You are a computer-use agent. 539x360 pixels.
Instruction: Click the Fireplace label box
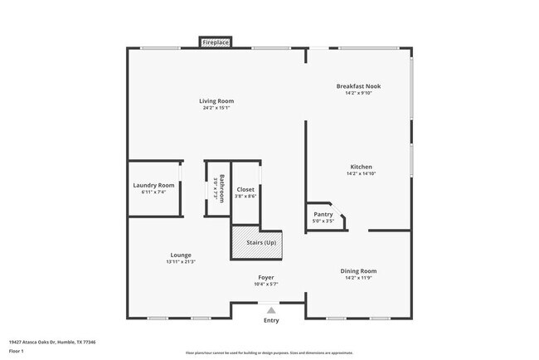216,42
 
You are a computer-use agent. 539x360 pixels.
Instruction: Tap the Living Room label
216,101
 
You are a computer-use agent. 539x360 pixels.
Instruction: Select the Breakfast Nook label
359,86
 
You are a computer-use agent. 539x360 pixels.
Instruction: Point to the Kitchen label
361,167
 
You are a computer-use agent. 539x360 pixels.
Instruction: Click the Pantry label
323,214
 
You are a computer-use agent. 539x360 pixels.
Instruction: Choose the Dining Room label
359,270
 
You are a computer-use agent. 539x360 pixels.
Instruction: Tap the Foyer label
265,277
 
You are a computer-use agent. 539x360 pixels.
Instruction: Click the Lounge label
181,255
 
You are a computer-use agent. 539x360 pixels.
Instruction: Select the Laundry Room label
154,185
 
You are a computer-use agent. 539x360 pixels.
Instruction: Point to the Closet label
245,189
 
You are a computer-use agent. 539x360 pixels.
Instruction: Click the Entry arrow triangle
270,309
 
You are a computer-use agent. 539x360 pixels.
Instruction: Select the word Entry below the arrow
271,320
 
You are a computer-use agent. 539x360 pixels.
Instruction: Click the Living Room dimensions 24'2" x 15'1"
216,108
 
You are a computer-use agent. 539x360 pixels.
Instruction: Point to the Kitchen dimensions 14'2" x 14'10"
361,173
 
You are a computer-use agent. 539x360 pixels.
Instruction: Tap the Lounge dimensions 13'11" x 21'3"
181,261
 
